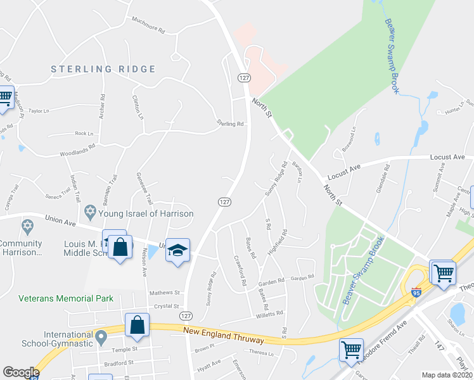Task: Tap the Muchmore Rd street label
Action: pos(148,29)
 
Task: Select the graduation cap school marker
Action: pos(177,251)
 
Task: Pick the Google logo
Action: pos(21,372)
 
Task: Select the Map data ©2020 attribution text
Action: pos(447,375)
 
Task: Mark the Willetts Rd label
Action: pos(269,313)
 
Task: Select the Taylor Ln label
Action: pos(37,111)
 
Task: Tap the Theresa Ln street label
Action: pos(265,351)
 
